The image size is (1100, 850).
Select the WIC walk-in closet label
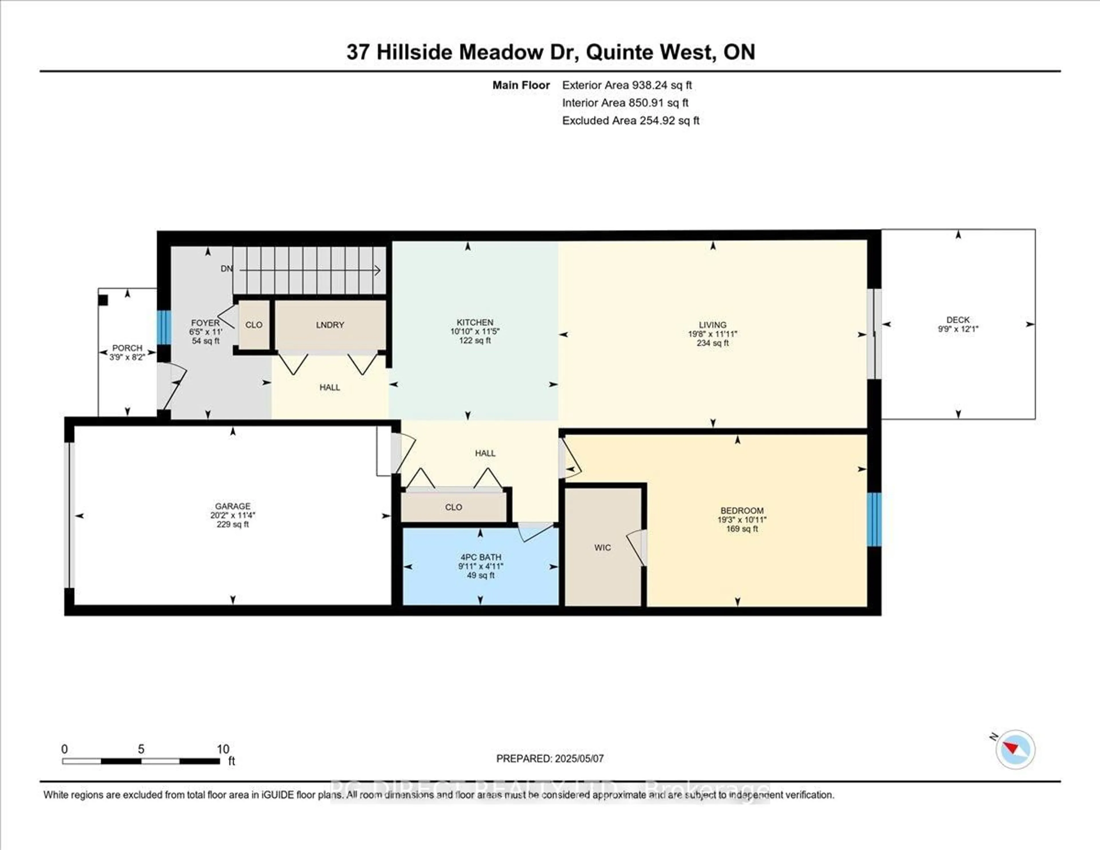pos(602,548)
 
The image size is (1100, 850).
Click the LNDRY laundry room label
pos(330,325)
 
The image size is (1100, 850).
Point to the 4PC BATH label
pos(480,557)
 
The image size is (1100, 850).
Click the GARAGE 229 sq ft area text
pos(232,524)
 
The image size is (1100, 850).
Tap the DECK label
pos(957,320)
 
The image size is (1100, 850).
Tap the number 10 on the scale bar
pos(223,749)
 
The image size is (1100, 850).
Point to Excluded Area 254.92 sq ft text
pos(630,120)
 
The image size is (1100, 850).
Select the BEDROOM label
pos(741,510)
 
